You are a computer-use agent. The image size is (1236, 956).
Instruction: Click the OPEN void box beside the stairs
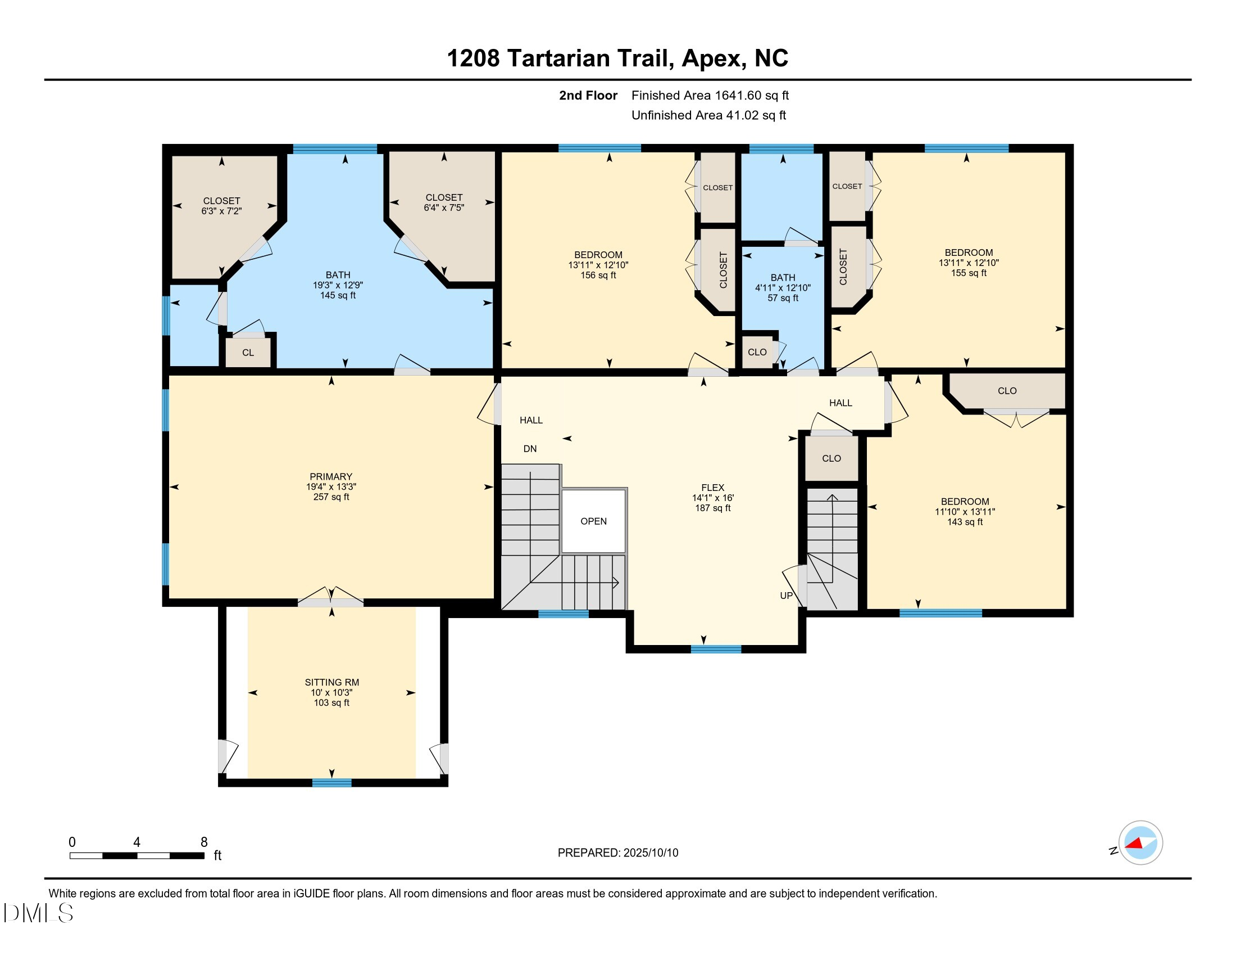[593, 521]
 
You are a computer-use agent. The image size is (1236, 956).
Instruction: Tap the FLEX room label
[712, 488]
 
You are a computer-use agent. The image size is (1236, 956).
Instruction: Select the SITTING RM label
[331, 683]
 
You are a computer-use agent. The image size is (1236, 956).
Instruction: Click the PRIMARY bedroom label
[331, 477]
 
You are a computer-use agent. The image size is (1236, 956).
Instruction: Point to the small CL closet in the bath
[248, 353]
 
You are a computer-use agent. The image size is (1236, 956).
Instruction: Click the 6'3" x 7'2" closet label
[221, 211]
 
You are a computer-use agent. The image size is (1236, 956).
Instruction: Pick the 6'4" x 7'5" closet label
[444, 208]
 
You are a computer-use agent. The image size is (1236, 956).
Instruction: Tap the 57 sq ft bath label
[783, 298]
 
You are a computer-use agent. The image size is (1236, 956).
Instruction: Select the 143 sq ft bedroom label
[965, 522]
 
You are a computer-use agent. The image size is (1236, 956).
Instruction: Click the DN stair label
[530, 449]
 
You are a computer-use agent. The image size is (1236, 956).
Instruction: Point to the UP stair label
[786, 595]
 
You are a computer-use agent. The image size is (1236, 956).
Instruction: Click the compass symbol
[1140, 843]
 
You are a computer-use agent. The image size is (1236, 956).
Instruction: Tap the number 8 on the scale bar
[204, 842]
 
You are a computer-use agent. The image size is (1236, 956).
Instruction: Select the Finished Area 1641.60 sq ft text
[710, 96]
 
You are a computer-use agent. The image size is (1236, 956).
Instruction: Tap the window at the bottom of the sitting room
[331, 783]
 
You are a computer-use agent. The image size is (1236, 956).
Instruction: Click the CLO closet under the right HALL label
[831, 458]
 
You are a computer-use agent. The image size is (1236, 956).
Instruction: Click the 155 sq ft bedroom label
[969, 273]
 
